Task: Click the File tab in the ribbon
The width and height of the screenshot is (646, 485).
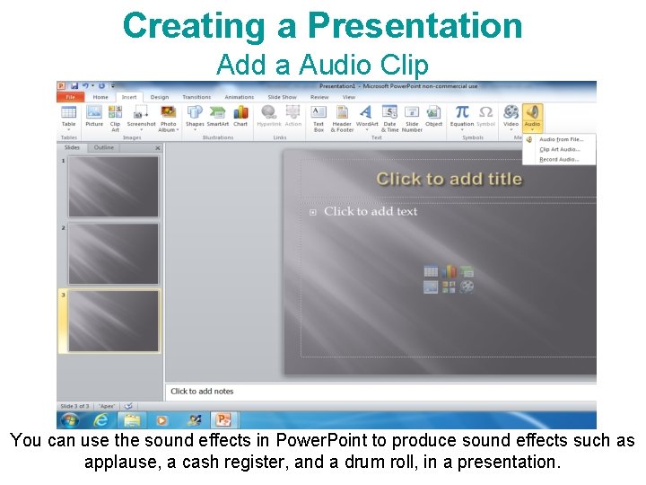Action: click(70, 97)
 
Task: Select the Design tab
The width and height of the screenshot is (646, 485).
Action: click(159, 97)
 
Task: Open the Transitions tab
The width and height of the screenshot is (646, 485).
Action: click(196, 97)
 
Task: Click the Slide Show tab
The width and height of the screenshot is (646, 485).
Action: click(282, 97)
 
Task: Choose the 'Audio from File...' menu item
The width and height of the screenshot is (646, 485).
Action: click(561, 139)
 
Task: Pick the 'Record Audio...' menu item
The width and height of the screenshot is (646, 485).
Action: click(559, 159)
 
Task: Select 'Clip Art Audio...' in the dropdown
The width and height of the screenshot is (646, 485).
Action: click(559, 149)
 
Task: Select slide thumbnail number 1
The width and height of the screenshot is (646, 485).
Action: click(113, 187)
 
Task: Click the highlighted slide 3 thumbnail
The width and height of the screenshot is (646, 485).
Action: click(113, 320)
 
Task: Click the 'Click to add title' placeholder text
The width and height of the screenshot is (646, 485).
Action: click(449, 179)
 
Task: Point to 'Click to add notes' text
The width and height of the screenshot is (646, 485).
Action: click(202, 392)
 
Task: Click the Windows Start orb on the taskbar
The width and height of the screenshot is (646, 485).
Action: click(69, 419)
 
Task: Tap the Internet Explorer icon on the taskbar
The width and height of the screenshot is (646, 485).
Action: click(100, 419)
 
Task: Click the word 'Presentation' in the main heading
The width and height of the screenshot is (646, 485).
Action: click(415, 25)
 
